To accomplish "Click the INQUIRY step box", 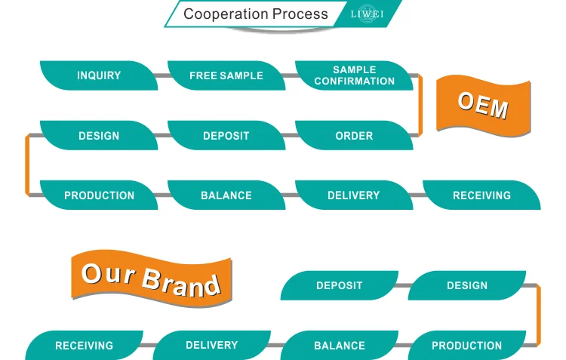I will click(x=99, y=75).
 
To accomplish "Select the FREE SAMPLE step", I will click(x=226, y=75).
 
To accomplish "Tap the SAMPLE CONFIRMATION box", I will click(x=354, y=75).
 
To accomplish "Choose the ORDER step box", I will click(x=354, y=136).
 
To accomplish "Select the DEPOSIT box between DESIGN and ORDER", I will click(x=226, y=136).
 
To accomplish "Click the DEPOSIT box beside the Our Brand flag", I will click(x=340, y=285).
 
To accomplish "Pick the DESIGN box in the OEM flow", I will click(x=99, y=136).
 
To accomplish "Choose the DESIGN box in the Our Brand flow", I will click(x=467, y=285).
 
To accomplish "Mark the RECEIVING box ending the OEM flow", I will click(x=481, y=195).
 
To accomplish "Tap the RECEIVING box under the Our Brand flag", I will click(x=84, y=346).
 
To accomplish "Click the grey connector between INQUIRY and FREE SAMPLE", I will click(x=162, y=75).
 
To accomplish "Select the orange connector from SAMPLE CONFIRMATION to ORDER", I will click(x=420, y=106).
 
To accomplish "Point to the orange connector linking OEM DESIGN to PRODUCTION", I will click(x=27, y=165).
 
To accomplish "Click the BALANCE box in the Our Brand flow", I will click(x=340, y=346).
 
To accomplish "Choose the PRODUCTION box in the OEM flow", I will click(x=99, y=195).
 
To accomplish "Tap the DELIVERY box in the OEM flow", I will click(x=354, y=195).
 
